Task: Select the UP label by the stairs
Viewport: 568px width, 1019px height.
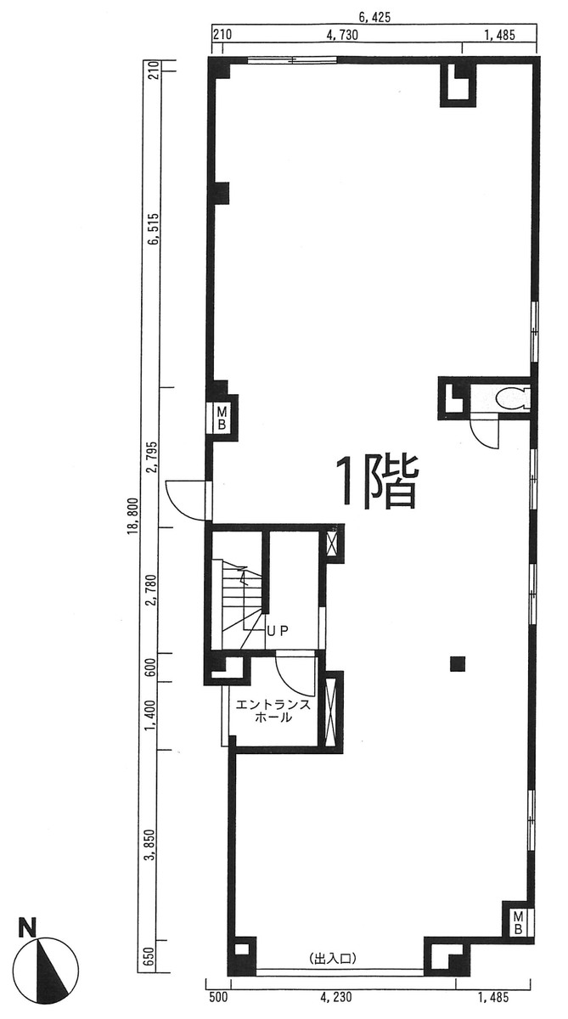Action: point(278,630)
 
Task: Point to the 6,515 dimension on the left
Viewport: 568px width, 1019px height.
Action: point(153,229)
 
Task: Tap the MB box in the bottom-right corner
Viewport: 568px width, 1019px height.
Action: point(517,922)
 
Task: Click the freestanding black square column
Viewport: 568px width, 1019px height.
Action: point(458,663)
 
